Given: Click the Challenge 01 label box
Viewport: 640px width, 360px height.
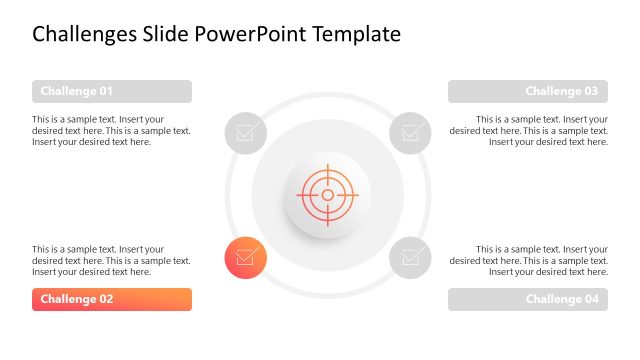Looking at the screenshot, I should coord(111,92).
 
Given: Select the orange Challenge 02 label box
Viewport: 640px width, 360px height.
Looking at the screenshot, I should coord(111,300).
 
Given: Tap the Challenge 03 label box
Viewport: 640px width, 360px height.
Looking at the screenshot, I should coord(528,92).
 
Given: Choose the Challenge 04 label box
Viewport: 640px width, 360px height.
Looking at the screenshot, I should coord(528,300).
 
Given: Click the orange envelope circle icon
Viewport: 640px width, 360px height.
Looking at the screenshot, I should coord(245,257).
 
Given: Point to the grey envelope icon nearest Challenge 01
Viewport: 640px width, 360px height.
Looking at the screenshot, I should coord(245,132).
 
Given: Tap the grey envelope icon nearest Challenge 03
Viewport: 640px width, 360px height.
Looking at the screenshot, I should coord(410,132).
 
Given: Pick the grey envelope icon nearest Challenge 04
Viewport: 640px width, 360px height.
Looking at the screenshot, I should coord(410,257).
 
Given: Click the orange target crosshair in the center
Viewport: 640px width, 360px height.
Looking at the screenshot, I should coord(327,194).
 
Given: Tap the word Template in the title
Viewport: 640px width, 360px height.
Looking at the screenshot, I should coord(357,35).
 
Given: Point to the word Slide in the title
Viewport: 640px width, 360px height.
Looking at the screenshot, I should coord(168,35).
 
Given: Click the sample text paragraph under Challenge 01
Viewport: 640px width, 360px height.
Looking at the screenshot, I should coord(111,130).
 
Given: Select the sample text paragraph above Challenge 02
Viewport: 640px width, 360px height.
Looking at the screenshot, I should coord(111,260).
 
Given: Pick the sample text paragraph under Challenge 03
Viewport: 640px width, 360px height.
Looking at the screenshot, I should coord(529,130).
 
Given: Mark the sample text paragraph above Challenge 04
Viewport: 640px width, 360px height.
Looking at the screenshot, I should coord(529,260).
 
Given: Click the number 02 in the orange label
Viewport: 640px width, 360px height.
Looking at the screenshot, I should coord(131,300).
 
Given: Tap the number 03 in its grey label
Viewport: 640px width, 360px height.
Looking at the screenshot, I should coord(589,92).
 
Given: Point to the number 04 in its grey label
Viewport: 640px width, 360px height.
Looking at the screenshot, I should coord(589,300).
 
